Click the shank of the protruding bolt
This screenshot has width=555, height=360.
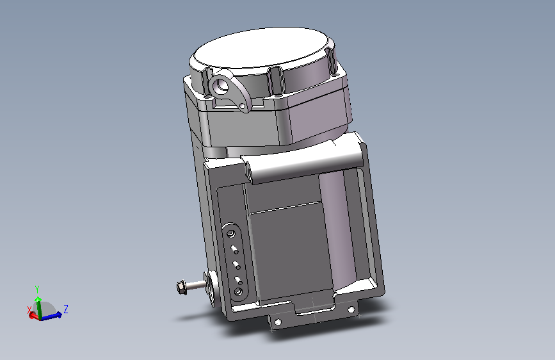coord(196,284)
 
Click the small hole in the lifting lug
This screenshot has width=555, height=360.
coord(242,106)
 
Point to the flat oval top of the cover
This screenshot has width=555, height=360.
coord(261,49)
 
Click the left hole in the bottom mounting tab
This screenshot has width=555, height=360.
coord(278,322)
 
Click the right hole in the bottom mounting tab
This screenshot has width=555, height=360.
coord(351,309)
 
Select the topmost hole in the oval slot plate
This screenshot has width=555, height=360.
coord(231,234)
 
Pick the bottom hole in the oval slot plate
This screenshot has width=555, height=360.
coord(238,291)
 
